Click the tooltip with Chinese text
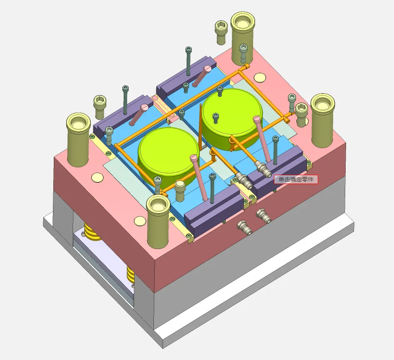point(296,179)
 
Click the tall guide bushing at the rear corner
point(243,38)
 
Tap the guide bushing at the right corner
point(323,120)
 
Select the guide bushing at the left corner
point(78,139)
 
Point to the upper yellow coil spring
point(92,232)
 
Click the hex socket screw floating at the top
point(221,33)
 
